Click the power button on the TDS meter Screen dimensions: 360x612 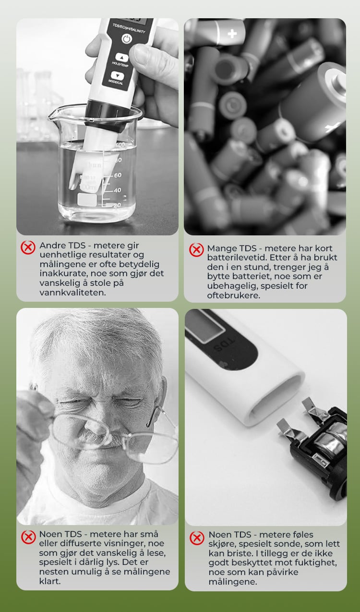coord(126,39)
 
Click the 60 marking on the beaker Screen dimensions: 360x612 coord(118,175)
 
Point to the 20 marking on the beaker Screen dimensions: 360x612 coord(117,205)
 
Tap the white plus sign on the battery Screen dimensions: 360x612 coord(232,34)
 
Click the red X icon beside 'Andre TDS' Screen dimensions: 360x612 coord(28,247)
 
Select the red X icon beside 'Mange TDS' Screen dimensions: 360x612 coord(196,250)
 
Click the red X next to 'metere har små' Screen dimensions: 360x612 coord(28,537)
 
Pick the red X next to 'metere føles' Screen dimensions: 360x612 coord(197,538)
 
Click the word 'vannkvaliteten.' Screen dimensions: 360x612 coord(72,293)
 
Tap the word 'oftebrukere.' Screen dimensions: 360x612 coord(233,295)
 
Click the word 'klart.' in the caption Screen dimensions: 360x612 coord(49,581)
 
